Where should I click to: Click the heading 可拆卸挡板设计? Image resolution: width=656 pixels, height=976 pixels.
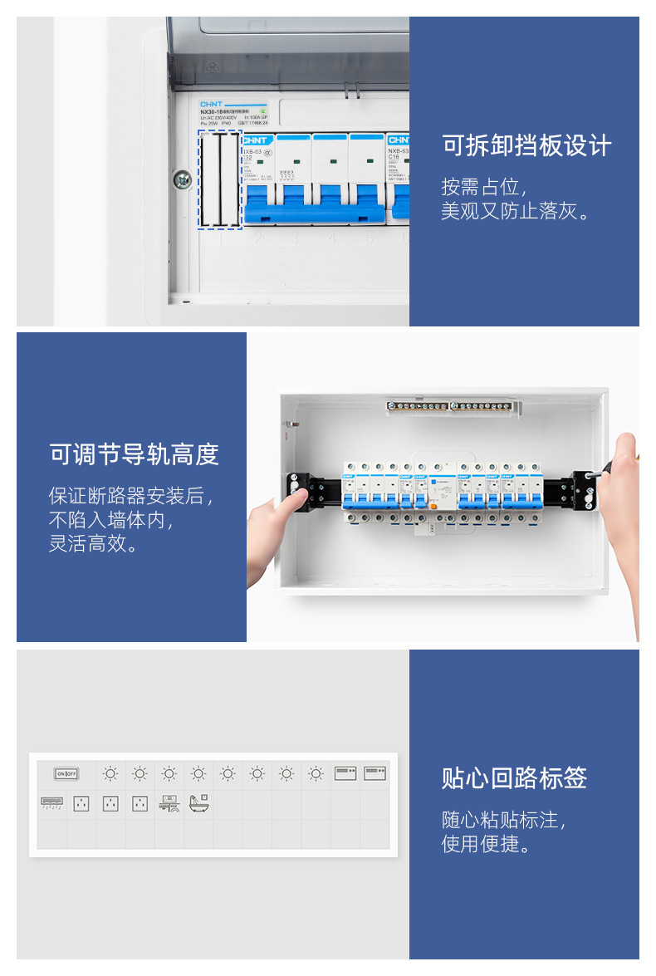526,146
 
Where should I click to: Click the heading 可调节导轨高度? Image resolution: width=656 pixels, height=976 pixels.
134,454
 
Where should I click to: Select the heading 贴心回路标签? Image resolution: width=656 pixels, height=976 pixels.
514,778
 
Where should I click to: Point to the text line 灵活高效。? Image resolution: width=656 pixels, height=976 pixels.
94,545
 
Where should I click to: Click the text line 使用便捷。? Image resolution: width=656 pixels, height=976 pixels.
487,845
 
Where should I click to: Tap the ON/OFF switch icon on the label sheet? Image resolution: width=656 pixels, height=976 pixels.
66,774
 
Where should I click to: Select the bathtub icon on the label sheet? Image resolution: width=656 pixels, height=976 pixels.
198,803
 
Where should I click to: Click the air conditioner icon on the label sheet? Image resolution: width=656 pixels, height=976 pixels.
52,803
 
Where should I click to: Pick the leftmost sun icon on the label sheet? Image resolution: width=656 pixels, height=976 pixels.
110,774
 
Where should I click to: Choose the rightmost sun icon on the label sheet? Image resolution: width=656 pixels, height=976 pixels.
316,774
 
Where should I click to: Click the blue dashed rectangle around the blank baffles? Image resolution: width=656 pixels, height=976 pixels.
219,179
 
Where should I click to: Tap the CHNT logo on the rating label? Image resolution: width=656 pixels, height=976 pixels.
211,105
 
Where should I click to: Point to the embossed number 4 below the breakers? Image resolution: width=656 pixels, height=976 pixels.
331,240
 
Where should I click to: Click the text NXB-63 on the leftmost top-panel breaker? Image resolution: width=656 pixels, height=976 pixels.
252,152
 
